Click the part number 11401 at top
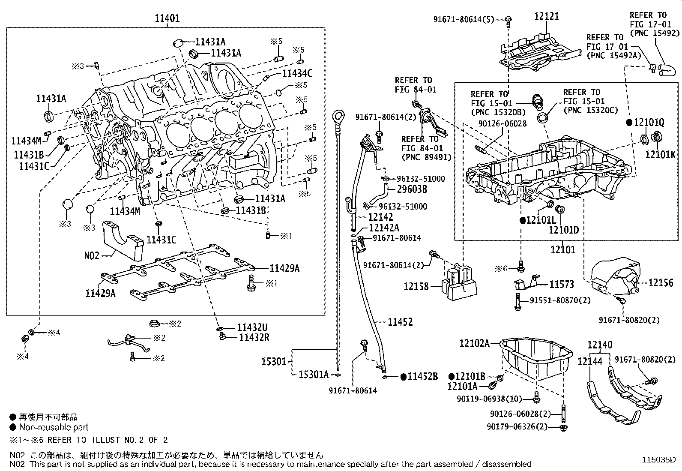(x=167, y=18)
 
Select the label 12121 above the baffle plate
(x=546, y=16)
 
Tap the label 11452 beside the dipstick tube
(x=400, y=322)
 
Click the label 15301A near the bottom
(x=313, y=375)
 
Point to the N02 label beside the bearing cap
(x=91, y=256)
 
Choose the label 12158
(x=416, y=286)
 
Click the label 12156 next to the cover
(x=661, y=282)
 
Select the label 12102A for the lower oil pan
(x=474, y=343)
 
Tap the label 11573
(x=562, y=284)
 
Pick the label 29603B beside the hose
(x=412, y=189)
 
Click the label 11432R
(x=254, y=338)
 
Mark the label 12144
(x=590, y=361)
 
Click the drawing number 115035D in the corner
(x=658, y=460)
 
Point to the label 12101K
(x=660, y=154)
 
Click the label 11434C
(x=297, y=74)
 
